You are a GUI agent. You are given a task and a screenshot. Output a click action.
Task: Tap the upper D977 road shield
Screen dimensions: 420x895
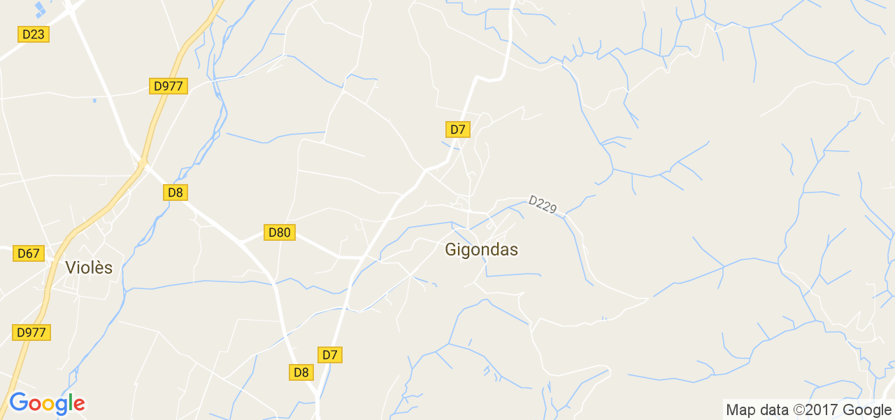(168, 86)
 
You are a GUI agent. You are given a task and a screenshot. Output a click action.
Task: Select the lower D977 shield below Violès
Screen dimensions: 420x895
(31, 332)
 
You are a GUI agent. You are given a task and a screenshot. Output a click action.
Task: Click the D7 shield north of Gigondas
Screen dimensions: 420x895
(457, 129)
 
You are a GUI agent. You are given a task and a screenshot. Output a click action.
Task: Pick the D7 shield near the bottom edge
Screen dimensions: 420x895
(330, 355)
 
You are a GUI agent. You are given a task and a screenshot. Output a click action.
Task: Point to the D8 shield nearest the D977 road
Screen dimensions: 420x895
(176, 192)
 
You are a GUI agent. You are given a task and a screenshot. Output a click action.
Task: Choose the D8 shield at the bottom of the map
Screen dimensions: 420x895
(301, 372)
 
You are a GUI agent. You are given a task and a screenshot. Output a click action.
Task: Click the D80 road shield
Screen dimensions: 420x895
(280, 232)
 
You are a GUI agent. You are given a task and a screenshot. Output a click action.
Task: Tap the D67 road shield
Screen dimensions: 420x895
(29, 253)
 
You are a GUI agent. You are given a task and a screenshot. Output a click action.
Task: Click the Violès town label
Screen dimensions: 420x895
(89, 267)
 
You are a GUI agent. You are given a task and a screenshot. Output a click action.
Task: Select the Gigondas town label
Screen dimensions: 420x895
(482, 250)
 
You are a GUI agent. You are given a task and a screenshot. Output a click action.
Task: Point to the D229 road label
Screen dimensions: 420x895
(543, 205)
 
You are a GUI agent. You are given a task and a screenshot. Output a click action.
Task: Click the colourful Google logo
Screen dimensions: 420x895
(47, 403)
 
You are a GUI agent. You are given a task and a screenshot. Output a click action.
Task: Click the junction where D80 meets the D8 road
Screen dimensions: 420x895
(239, 241)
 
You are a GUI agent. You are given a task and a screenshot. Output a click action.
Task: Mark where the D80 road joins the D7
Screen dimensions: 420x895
(361, 258)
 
